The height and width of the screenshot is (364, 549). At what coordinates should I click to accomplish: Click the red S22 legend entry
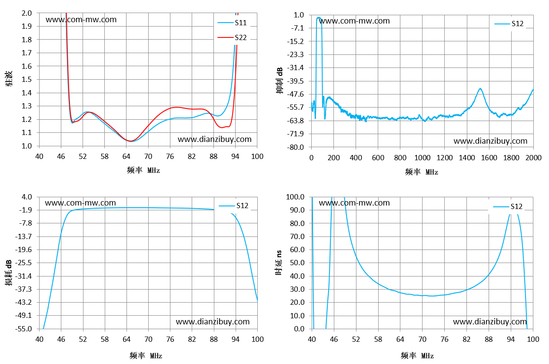232,37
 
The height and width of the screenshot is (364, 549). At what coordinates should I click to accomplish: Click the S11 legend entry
232,23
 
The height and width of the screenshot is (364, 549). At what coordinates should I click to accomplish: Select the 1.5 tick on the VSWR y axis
27,79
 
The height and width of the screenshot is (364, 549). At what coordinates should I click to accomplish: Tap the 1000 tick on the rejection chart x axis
422,158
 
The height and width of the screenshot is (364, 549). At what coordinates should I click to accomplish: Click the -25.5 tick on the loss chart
23,263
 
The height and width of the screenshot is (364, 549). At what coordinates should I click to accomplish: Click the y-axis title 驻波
9,79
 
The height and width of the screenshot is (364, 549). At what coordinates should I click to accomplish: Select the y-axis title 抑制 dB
279,81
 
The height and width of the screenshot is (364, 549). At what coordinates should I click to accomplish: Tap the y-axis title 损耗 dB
9,273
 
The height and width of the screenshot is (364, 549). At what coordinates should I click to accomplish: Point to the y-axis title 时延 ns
279,263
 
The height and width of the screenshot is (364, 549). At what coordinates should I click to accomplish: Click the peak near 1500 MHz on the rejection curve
480,88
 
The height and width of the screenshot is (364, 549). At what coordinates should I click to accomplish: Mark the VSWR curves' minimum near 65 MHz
131,141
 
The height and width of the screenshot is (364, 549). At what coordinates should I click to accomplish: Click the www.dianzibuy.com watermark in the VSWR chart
214,139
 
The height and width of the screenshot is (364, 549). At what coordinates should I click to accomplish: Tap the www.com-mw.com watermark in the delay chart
354,203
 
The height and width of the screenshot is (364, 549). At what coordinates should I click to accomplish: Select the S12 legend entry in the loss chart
233,206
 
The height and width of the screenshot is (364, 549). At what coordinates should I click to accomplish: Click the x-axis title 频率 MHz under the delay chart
417,355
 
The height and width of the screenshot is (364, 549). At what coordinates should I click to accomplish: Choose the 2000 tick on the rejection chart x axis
533,158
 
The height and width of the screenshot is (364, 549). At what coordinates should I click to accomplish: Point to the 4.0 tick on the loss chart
27,197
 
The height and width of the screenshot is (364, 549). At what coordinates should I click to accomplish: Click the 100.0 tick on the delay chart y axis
295,197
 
